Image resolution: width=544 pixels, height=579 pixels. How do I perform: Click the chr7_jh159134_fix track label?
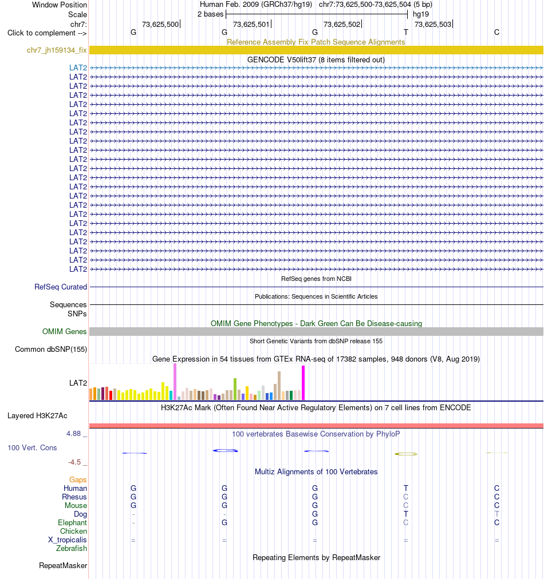point(57,50)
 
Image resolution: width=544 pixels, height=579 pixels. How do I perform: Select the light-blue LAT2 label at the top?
point(78,68)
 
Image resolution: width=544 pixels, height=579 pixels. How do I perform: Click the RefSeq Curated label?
point(61,287)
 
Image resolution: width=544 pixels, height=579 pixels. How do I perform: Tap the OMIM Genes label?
point(64,332)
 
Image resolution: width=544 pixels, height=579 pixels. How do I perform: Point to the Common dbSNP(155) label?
point(51,350)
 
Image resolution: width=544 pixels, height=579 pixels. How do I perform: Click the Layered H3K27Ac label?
point(37,416)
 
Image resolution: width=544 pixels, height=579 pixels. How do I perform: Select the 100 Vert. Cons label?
point(32,447)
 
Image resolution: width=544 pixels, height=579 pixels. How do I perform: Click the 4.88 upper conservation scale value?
point(73,434)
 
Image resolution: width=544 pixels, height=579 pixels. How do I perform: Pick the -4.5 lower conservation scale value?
point(74,462)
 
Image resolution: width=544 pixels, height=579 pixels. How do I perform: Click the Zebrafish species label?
point(72,548)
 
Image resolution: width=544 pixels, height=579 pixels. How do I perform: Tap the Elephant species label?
point(72,522)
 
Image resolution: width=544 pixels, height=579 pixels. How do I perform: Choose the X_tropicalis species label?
point(67,540)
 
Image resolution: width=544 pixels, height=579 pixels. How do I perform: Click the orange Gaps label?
point(78,479)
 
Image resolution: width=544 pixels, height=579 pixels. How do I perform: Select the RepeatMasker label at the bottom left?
point(63,566)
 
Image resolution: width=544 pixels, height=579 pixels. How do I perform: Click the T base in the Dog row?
point(406,514)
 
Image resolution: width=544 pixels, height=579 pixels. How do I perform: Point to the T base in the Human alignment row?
point(406,488)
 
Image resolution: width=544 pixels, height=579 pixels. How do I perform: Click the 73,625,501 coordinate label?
point(251,25)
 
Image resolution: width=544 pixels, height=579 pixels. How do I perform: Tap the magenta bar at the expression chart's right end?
point(303,383)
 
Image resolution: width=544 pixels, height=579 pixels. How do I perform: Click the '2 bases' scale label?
point(210,14)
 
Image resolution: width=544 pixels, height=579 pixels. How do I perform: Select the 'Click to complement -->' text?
point(47,33)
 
